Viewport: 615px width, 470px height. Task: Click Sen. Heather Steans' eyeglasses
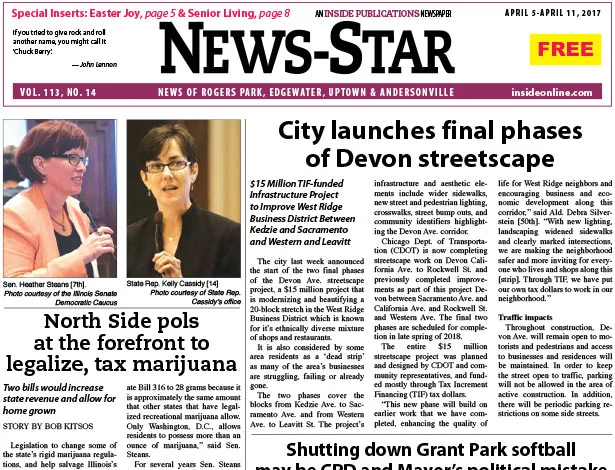point(72,159)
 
